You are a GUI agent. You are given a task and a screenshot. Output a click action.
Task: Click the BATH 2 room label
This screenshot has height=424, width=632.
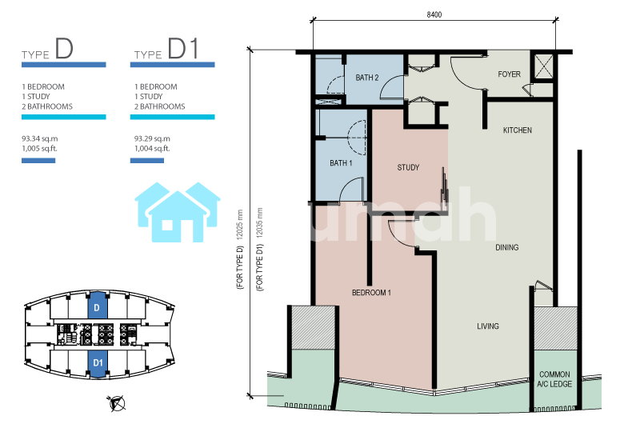click(366, 78)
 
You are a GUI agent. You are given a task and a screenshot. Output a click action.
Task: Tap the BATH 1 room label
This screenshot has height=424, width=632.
click(341, 163)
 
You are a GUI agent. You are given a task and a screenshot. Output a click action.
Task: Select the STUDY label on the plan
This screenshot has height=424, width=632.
click(408, 167)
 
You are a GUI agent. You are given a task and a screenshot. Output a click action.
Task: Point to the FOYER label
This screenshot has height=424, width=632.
click(509, 74)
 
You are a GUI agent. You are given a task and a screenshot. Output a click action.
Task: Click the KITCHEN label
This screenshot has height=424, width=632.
click(518, 130)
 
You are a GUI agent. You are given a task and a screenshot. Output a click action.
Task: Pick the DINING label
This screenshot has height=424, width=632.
click(507, 247)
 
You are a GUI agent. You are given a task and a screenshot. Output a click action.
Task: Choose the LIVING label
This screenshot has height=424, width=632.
click(488, 326)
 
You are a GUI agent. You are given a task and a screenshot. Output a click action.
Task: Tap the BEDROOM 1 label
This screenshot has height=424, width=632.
click(371, 293)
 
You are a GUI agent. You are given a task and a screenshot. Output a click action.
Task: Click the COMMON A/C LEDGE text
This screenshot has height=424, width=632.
click(554, 379)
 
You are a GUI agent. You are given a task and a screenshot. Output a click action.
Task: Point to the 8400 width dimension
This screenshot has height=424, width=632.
click(434, 14)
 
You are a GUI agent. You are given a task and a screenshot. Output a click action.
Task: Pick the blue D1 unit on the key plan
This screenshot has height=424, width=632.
click(98, 363)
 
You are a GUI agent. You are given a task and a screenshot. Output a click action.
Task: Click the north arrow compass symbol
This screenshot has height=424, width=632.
click(117, 403)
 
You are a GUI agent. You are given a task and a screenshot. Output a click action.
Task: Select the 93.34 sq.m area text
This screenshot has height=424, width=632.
click(39, 138)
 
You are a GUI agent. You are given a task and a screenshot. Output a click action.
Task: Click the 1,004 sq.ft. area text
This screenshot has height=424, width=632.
click(152, 149)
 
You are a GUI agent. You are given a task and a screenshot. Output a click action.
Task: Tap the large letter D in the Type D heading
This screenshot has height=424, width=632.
click(64, 49)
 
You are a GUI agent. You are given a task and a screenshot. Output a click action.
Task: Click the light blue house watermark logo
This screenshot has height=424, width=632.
click(178, 212)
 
